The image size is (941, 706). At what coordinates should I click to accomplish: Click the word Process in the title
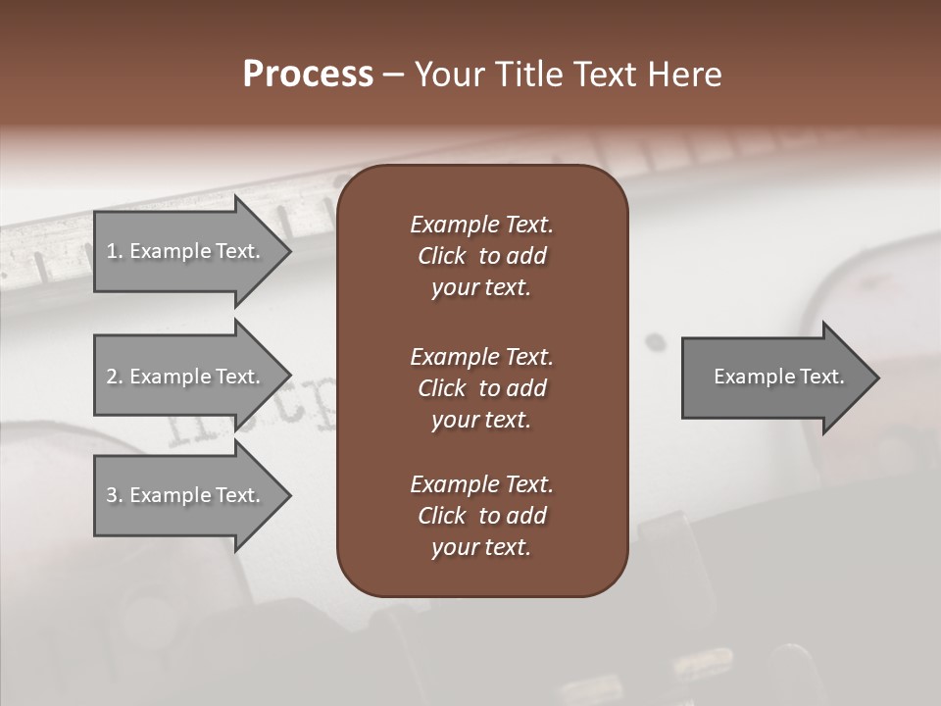coord(308,75)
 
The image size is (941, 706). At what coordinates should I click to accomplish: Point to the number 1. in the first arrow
coord(115,251)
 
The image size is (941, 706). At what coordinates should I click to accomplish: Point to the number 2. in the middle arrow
coord(115,377)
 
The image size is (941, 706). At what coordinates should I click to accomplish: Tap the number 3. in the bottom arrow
coord(115,495)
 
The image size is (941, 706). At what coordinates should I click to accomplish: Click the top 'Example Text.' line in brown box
coord(481,225)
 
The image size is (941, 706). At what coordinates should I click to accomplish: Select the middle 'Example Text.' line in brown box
coord(481,357)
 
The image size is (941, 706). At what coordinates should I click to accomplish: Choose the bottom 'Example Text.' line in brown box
coord(481,484)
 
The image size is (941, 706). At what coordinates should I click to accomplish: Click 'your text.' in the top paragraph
coord(481,288)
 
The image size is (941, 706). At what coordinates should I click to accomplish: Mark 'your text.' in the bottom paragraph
coord(481,548)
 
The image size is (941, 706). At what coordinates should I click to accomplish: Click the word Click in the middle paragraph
coord(441,388)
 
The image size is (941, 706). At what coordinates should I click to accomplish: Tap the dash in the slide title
coord(393,76)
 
